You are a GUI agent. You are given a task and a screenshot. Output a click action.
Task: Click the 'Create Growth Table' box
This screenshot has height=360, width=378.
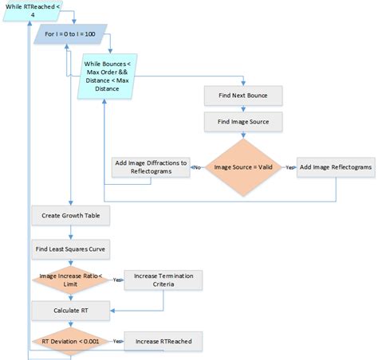coord(70,216)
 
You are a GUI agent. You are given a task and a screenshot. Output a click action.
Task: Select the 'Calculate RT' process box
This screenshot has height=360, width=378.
coord(70,310)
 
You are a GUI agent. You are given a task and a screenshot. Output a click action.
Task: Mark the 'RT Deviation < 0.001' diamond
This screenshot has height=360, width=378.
coord(70,342)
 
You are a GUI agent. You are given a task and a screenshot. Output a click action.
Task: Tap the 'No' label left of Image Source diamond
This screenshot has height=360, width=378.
coord(195,167)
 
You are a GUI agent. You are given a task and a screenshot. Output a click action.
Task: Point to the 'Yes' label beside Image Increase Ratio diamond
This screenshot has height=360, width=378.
coord(116,279)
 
